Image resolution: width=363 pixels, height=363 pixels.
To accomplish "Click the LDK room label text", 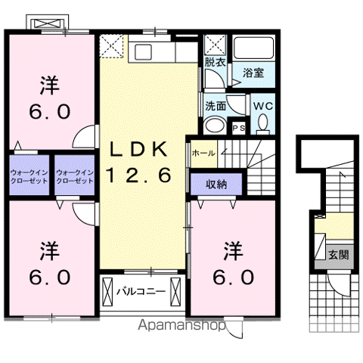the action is [x=138, y=150].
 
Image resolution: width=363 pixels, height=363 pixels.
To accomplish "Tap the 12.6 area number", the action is [x=139, y=175].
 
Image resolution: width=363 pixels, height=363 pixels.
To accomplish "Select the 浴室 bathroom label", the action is [x=253, y=73].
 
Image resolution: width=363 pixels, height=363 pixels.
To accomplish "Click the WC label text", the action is [x=263, y=106].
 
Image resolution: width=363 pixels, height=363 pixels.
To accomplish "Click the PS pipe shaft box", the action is [x=238, y=128].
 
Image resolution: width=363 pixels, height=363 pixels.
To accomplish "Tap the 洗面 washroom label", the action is [x=216, y=106].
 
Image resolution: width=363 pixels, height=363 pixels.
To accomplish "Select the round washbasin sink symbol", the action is [x=215, y=126].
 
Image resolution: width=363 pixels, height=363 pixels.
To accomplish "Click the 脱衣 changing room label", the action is [x=215, y=62].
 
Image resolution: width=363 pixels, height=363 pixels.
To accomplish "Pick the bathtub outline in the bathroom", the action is [x=253, y=48].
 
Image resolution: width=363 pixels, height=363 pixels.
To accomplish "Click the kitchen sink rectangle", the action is [x=143, y=52].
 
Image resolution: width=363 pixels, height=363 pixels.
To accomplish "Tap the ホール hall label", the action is [x=203, y=153].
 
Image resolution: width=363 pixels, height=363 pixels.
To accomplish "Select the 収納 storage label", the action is [x=216, y=185].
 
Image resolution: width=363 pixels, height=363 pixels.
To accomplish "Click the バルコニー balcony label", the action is [x=141, y=292].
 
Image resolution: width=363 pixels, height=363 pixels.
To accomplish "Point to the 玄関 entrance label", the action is [x=339, y=255].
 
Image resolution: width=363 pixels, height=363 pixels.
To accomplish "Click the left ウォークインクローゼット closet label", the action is [x=29, y=177].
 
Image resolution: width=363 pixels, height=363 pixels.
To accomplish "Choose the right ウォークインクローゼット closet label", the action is [x=75, y=177].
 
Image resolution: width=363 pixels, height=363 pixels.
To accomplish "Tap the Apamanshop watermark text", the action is [x=181, y=325].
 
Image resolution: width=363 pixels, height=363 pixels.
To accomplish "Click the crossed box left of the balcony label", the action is [x=107, y=292].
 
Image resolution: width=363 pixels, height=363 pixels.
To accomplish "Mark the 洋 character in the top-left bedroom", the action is [x=49, y=85].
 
